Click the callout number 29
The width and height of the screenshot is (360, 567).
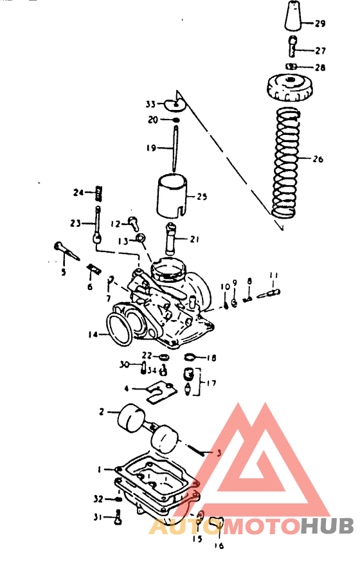(x=320, y=24)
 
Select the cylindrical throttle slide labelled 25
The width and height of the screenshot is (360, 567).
(x=173, y=195)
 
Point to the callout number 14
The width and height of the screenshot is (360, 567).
(x=94, y=335)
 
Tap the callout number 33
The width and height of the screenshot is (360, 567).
(x=150, y=104)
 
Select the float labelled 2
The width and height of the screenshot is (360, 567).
(x=132, y=419)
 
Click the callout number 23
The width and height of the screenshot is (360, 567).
(x=76, y=223)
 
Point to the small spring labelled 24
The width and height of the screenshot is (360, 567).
(x=98, y=192)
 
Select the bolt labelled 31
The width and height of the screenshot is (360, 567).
(x=118, y=516)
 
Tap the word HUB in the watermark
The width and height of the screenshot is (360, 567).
(x=327, y=526)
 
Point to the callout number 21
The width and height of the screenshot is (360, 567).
(x=194, y=239)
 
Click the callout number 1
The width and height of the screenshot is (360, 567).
(x=100, y=469)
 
